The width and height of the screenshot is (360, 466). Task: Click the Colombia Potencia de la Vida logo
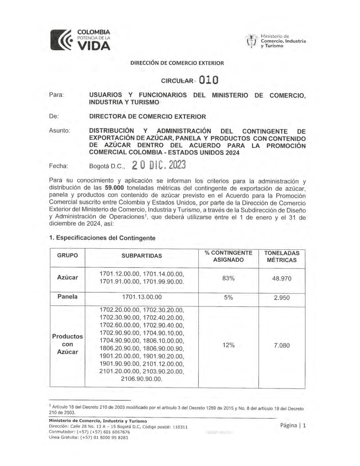80,40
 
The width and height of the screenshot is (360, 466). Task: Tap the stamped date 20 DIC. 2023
159,166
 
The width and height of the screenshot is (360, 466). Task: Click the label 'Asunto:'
59,131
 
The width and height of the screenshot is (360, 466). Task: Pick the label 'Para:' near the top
56,95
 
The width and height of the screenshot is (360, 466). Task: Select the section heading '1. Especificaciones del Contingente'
102,238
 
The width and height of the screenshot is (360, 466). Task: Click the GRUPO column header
67,255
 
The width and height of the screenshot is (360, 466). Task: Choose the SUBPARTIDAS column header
141,256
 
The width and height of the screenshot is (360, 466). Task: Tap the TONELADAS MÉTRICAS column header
282,256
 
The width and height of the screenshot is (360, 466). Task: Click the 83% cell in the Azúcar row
228,278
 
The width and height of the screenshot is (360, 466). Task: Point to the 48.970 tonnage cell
282,278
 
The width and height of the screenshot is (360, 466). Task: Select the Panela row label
67,297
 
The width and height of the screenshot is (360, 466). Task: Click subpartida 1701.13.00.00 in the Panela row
142,297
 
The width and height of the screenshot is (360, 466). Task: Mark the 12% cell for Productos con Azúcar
228,345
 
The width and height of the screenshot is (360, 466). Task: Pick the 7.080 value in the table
282,345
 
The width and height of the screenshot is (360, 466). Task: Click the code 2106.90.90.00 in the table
141,379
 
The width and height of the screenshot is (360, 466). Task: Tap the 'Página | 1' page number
293,425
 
